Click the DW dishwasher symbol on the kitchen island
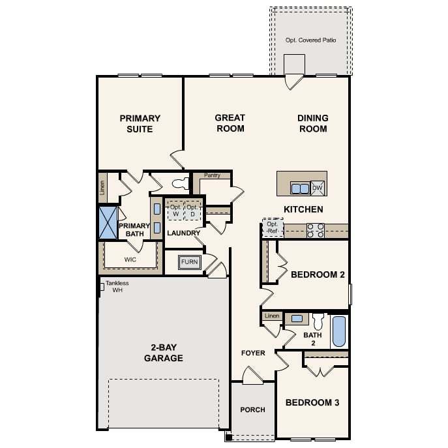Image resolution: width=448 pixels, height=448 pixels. point(318,188)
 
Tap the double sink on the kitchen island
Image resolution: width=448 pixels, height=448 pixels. point(300,188)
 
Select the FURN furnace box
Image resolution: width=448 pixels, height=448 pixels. point(189,262)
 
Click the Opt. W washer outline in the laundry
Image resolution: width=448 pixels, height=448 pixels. point(175,211)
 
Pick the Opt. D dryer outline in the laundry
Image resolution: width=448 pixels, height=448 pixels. point(192,211)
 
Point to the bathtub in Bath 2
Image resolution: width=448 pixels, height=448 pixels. point(339,331)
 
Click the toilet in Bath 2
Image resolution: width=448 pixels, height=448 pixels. point(318,321)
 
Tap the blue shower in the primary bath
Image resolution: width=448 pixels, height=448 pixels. point(108,223)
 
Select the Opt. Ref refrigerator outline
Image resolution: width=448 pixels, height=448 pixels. point(273,228)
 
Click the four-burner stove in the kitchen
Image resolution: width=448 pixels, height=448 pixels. point(316,231)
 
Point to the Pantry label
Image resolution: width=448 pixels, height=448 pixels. point(212,175)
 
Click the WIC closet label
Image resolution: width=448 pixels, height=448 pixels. point(130,260)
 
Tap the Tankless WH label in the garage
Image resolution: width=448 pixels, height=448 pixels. point(117,286)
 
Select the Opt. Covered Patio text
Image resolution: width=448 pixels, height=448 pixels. point(310,40)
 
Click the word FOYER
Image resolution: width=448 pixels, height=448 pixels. point(253,353)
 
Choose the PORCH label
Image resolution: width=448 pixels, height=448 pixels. point(252,410)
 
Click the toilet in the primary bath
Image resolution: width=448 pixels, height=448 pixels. point(181,183)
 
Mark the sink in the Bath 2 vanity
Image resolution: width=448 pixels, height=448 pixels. point(297,319)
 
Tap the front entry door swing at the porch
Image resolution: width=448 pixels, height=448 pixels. point(252,376)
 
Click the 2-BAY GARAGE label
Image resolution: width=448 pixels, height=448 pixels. point(164,353)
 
